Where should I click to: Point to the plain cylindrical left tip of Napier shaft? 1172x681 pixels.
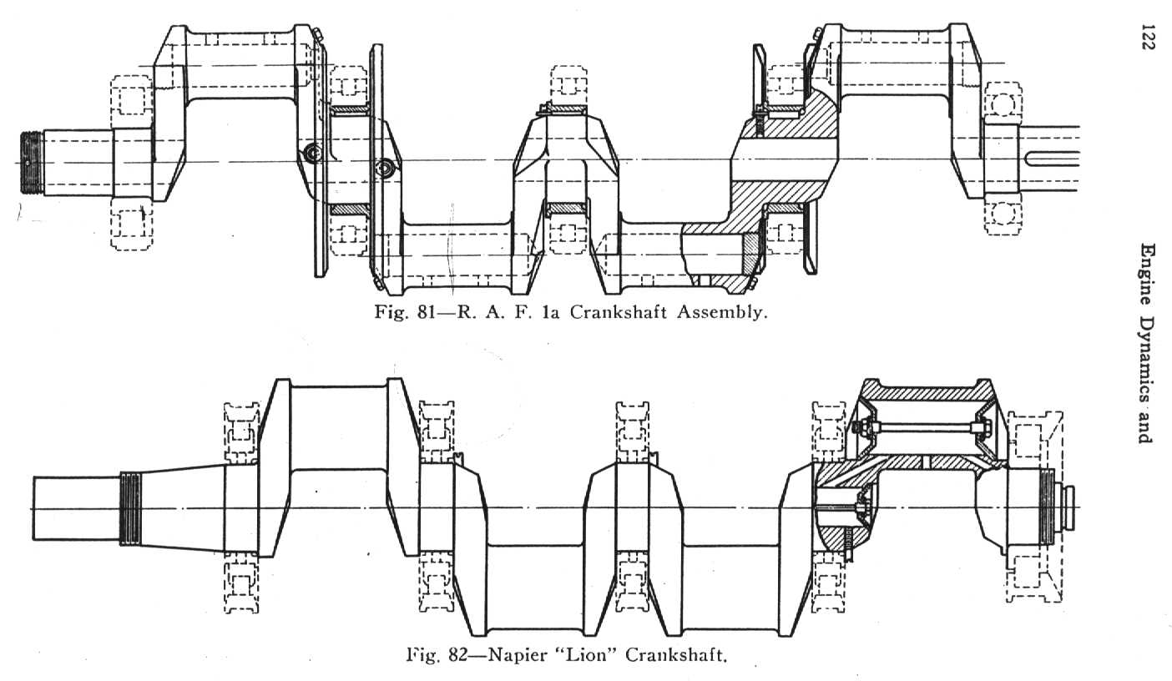tap(76, 508)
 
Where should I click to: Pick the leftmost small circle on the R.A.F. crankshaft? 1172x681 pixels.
tap(313, 153)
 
